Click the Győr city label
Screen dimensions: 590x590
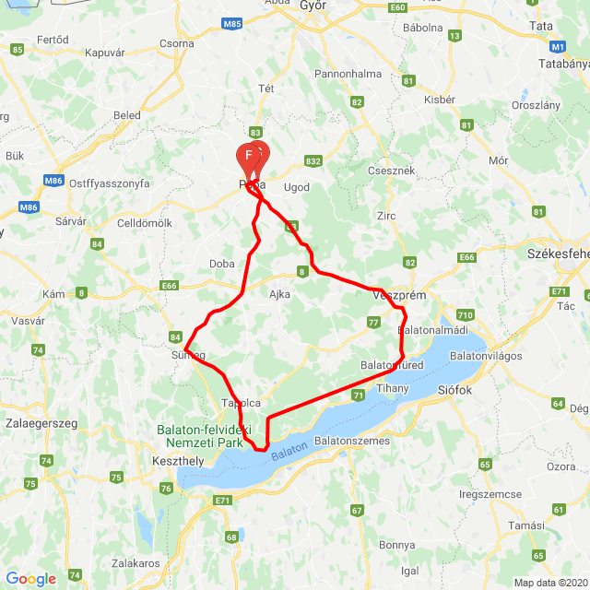[x=313, y=6]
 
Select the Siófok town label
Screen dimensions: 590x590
[x=454, y=390]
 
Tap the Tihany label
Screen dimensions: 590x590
[x=393, y=389]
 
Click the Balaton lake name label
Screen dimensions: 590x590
[x=289, y=452]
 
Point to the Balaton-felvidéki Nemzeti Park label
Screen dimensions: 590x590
[x=200, y=436]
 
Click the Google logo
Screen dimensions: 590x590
[x=30, y=578]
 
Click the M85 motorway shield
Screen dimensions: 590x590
[x=231, y=22]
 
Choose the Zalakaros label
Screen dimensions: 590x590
[x=136, y=562]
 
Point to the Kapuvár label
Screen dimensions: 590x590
[x=104, y=53]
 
